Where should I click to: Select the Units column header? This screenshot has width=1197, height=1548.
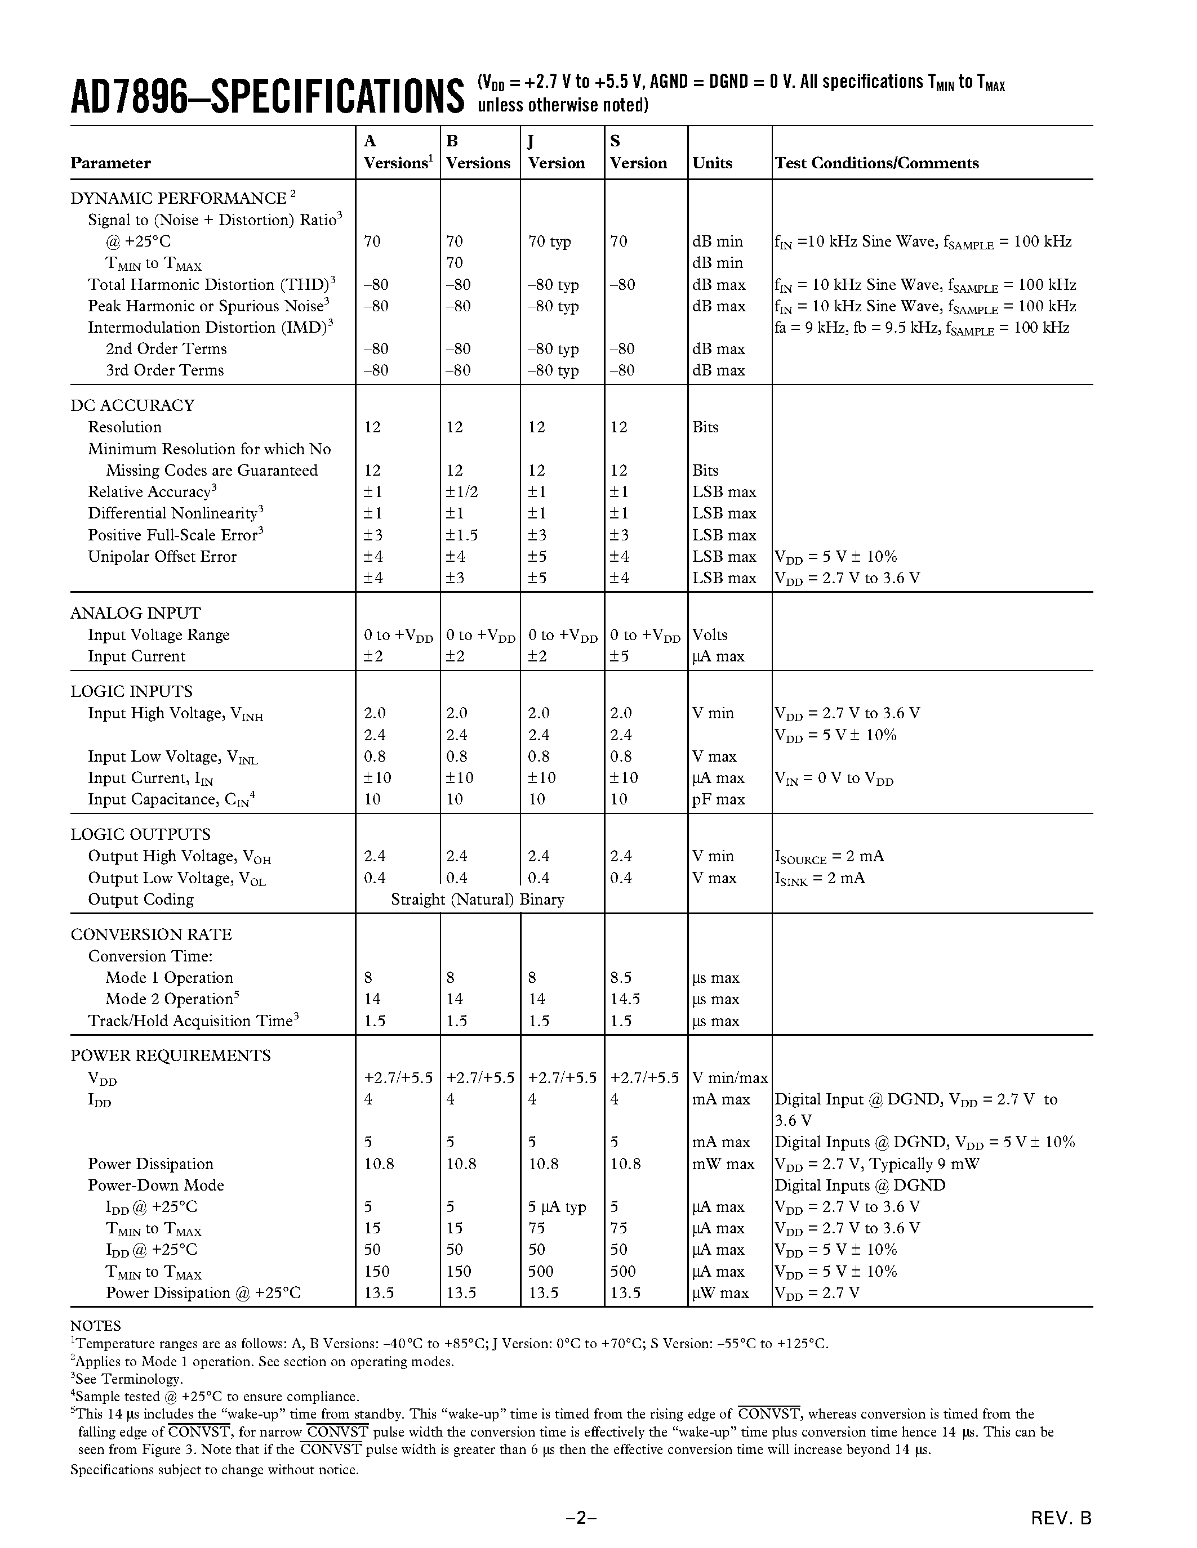click(712, 163)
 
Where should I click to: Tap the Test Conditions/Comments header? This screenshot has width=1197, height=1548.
click(876, 163)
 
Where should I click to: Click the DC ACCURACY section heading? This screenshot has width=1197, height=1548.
click(132, 405)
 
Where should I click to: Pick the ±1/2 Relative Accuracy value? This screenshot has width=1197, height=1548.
click(462, 492)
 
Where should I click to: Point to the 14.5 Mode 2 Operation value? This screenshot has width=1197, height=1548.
click(625, 999)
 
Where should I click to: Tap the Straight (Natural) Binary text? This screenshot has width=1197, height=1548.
click(477, 900)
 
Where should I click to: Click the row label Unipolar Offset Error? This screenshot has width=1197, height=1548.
click(162, 556)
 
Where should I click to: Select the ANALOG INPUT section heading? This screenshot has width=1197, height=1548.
click(135, 613)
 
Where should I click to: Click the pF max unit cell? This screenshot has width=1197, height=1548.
click(718, 799)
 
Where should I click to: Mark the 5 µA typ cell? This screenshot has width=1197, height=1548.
click(557, 1207)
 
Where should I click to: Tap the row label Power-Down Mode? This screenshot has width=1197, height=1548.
click(155, 1185)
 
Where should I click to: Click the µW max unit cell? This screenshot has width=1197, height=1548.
click(720, 1293)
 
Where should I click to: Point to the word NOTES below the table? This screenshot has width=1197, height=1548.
click(96, 1326)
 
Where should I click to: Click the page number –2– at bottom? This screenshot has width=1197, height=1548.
click(581, 1518)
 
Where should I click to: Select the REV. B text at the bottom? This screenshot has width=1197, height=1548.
click(1061, 1518)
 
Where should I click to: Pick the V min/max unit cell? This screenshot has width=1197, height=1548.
click(729, 1078)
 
